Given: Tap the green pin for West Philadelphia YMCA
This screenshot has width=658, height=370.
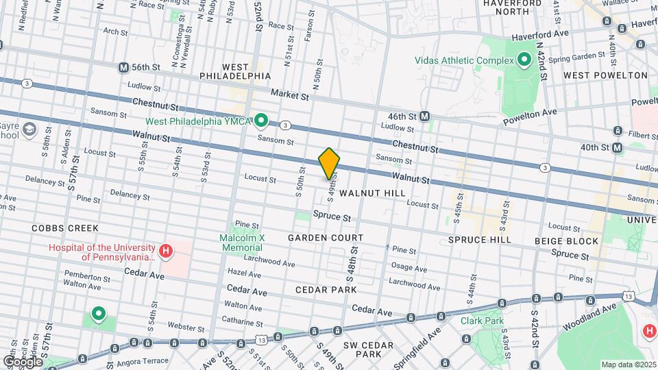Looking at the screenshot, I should pyautogui.click(x=260, y=121).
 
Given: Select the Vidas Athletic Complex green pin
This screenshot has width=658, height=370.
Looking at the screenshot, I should pyautogui.click(x=524, y=60).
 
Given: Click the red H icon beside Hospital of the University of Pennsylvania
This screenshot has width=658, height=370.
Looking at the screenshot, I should pyautogui.click(x=165, y=251).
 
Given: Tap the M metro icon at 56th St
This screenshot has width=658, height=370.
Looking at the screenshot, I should pyautogui.click(x=123, y=68).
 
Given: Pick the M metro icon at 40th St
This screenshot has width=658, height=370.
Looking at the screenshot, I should pyautogui.click(x=618, y=148).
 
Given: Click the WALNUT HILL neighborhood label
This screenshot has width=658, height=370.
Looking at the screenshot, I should pyautogui.click(x=372, y=194).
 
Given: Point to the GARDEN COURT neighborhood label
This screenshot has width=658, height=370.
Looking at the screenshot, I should pyautogui.click(x=325, y=238).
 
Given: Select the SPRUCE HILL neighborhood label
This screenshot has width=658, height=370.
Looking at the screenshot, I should pyautogui.click(x=479, y=240).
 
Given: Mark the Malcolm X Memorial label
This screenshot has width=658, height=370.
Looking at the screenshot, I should pyautogui.click(x=241, y=243).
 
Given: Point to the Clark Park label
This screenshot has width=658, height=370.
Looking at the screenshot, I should pyautogui.click(x=482, y=321).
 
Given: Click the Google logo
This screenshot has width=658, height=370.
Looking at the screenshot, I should pyautogui.click(x=23, y=361).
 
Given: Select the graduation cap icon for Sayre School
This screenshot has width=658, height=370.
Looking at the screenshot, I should pyautogui.click(x=29, y=129).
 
